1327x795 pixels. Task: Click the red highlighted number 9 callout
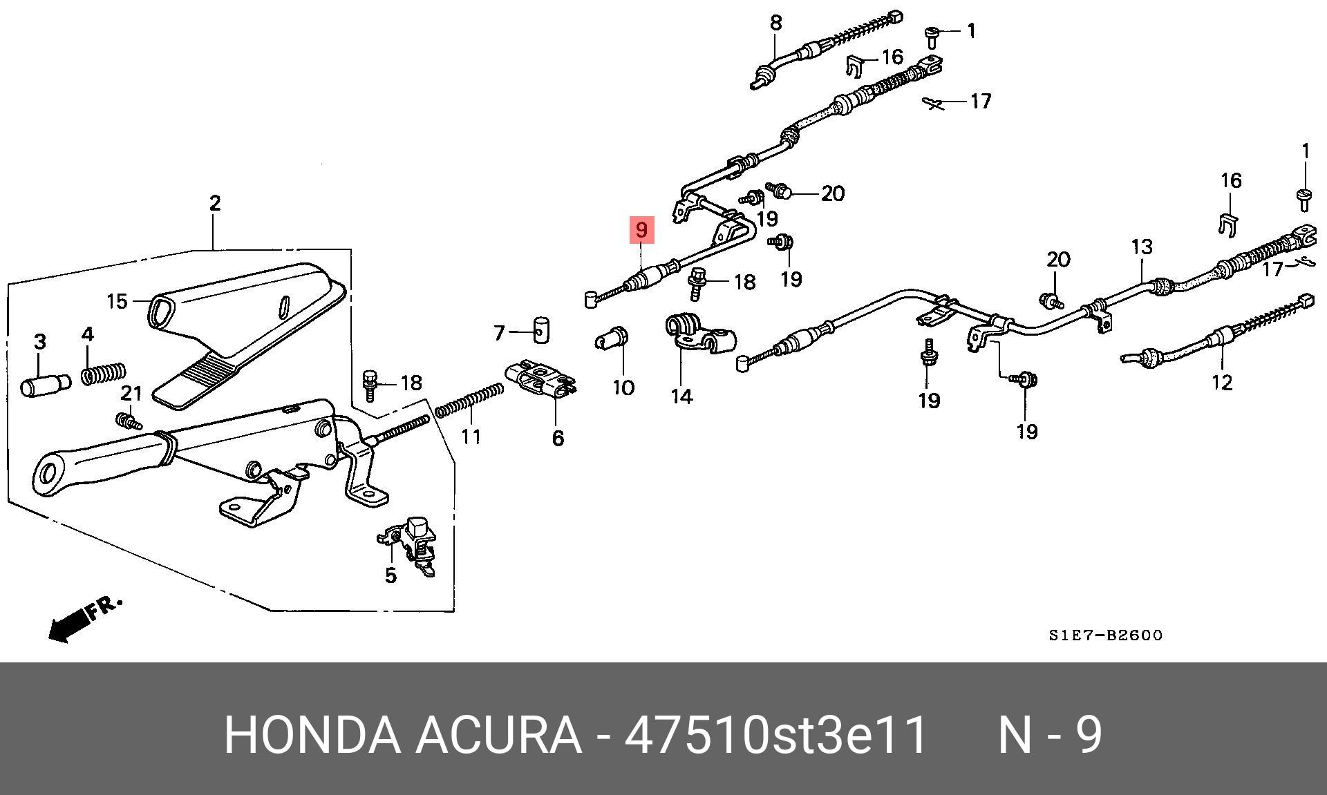tap(641, 230)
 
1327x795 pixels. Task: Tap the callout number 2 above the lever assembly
tap(215, 203)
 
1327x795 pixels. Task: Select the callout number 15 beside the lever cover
tap(117, 301)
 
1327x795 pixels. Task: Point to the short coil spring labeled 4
tap(104, 373)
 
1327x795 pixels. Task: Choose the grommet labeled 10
tap(612, 339)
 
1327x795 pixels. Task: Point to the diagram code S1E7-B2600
tap(1105, 635)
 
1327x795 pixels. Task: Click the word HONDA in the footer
tap(312, 734)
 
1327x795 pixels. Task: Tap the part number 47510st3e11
tap(775, 734)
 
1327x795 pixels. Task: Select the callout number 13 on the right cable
tap(1142, 247)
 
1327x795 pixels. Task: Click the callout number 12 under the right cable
tap(1222, 382)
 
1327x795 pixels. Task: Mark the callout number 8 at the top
tap(775, 23)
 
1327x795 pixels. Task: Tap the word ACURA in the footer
tap(498, 734)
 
